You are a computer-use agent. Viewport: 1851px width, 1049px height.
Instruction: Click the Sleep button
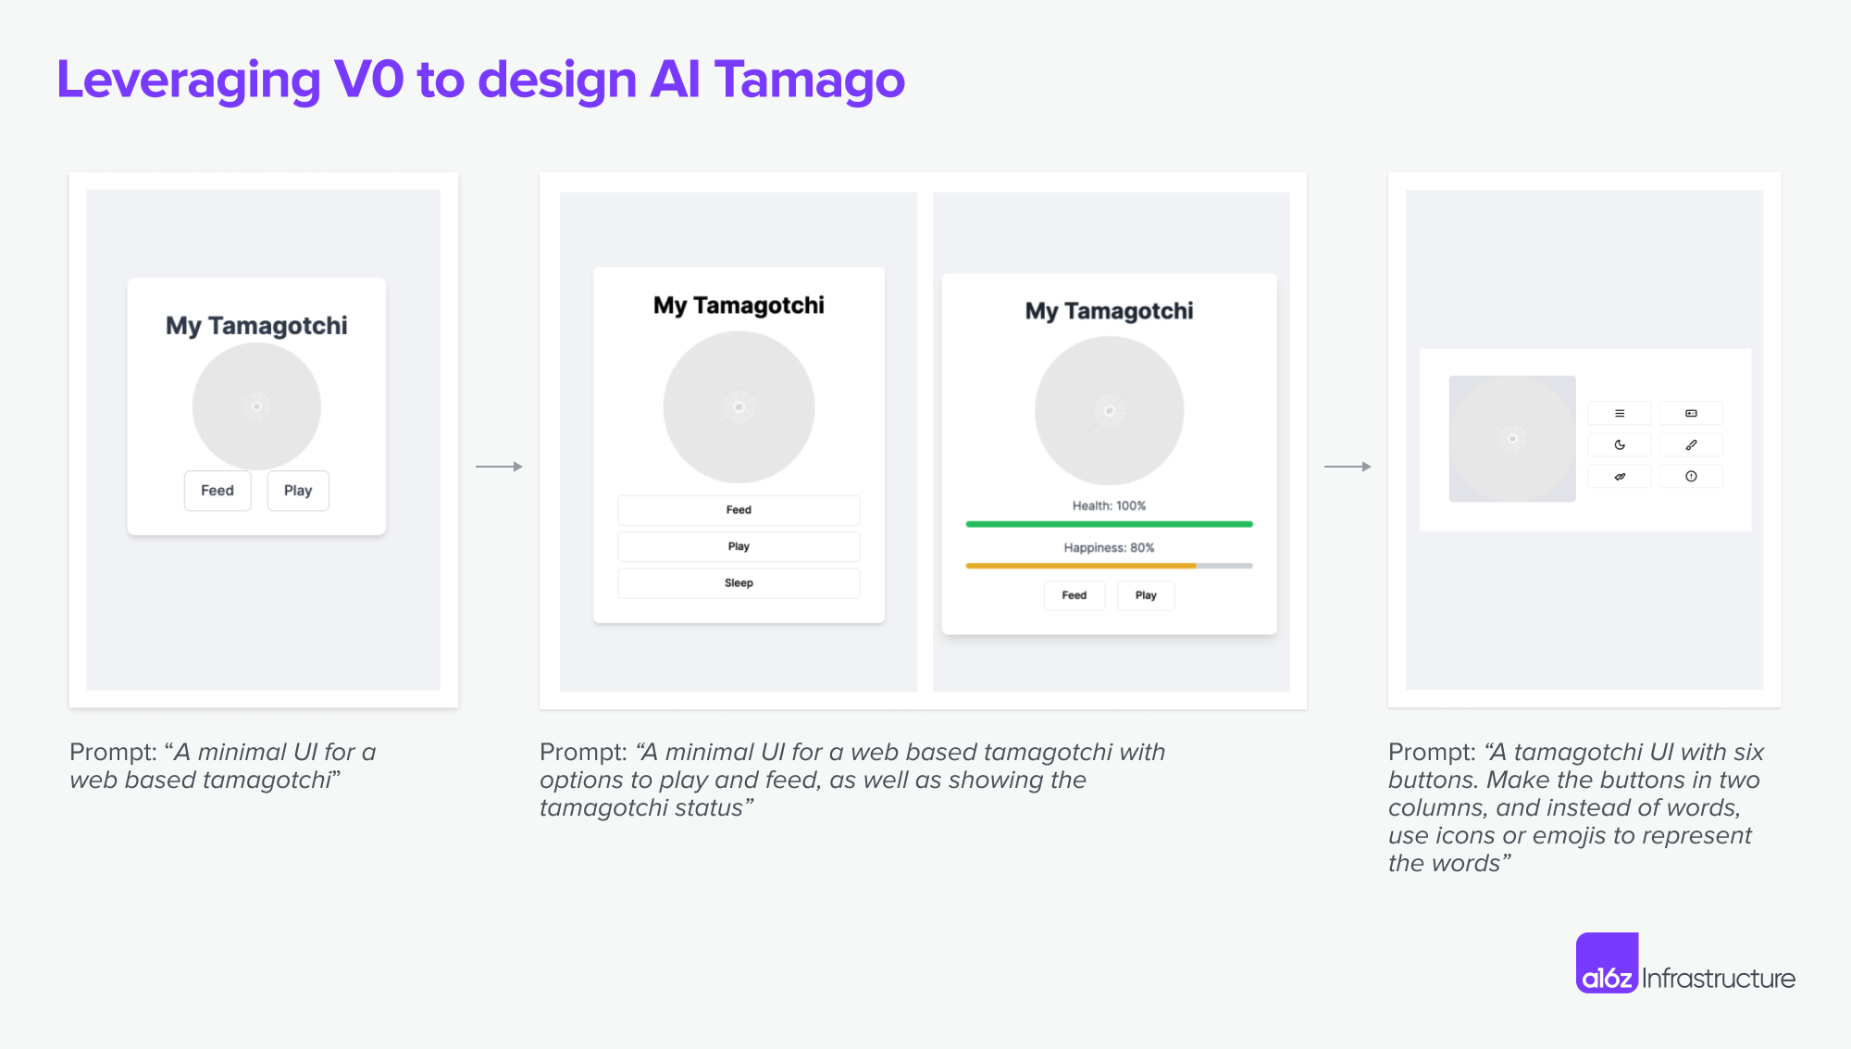[x=739, y=583]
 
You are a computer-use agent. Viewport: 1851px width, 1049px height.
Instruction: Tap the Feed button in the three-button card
[x=739, y=510]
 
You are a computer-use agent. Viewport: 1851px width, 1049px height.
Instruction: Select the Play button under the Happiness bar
[x=1146, y=595]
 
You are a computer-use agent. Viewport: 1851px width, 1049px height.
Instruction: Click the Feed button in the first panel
[x=217, y=491]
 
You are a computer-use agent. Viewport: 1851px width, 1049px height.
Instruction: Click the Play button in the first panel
[x=298, y=491]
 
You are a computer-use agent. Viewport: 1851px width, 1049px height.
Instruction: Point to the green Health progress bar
[x=1109, y=524]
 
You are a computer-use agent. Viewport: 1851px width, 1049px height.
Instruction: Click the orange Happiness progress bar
[x=1081, y=566]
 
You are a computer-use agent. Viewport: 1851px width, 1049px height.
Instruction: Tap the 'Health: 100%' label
[x=1109, y=506]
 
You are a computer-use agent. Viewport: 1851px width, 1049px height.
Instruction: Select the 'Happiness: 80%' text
[x=1109, y=548]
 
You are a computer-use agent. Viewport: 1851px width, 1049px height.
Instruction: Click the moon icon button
[x=1620, y=445]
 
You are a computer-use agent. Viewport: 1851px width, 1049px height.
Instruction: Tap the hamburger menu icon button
[x=1620, y=414]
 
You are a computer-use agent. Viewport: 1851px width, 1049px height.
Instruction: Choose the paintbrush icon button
[x=1691, y=445]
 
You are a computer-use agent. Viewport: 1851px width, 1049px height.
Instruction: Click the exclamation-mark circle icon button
[x=1691, y=477]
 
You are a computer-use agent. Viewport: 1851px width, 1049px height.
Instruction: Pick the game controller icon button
[x=1691, y=414]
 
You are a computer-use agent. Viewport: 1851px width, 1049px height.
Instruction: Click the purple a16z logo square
[x=1607, y=963]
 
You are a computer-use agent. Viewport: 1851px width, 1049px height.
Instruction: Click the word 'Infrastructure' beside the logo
[x=1719, y=979]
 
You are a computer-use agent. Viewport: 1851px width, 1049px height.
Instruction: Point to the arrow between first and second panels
[x=499, y=467]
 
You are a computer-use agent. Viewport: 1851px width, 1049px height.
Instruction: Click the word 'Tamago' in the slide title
[x=809, y=81]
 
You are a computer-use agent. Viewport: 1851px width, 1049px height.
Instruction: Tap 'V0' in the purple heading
[x=368, y=80]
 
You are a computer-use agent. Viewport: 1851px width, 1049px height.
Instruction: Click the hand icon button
[x=1620, y=477]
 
